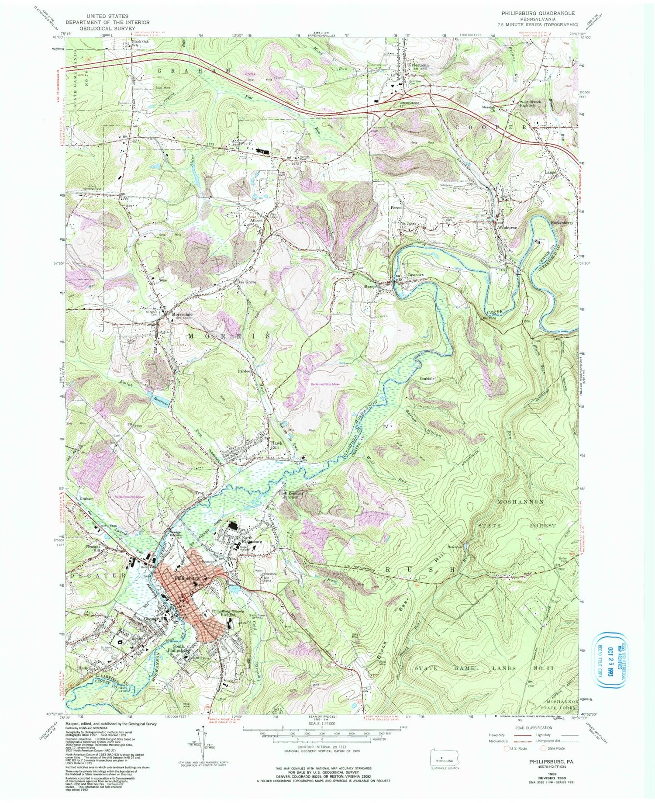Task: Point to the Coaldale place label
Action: [x=427, y=378]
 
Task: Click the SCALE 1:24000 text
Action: [x=308, y=733]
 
